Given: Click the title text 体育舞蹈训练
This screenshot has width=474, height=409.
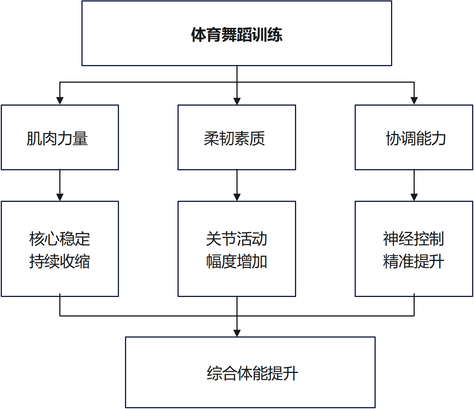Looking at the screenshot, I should click(236, 35).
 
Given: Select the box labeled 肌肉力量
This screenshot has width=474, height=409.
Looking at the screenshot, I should click(60, 138).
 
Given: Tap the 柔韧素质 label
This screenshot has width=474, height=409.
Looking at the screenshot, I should click(234, 138).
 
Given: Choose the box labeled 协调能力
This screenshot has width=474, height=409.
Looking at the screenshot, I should click(414, 138).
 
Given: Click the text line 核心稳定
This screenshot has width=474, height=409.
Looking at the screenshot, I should click(60, 239).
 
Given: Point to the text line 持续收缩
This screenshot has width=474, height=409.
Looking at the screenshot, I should click(60, 261).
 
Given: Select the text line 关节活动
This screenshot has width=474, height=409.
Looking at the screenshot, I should click(236, 239).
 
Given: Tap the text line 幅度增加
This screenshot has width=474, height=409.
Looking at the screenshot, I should click(236, 261).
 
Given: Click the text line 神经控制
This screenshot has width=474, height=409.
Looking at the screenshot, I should click(414, 239).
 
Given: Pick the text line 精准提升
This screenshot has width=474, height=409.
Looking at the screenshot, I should click(414, 261).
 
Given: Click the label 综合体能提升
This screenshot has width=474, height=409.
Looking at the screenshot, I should click(252, 373).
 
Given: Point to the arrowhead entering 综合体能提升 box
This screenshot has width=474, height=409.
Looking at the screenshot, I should click(237, 333).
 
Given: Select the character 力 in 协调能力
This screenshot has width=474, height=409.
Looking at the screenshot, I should click(439, 138).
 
